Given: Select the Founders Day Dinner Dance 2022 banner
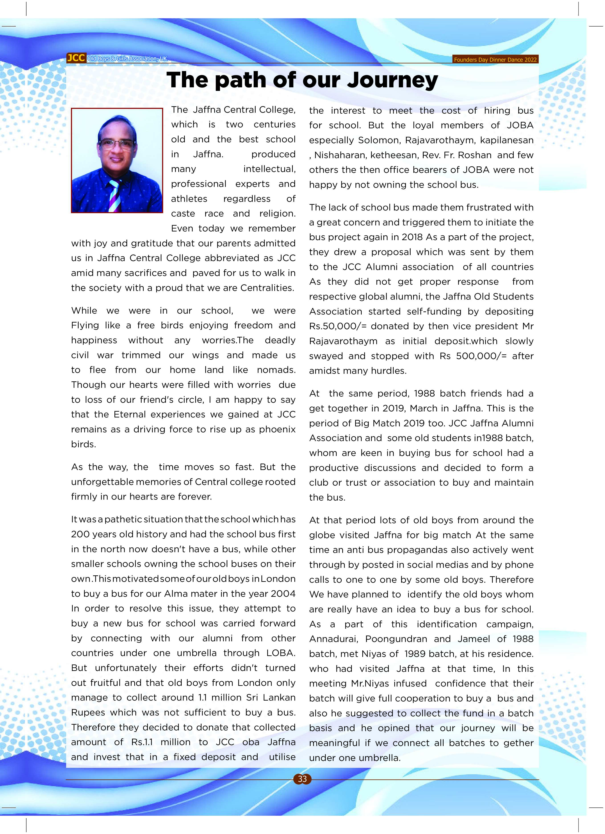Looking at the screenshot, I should click(x=495, y=59).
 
